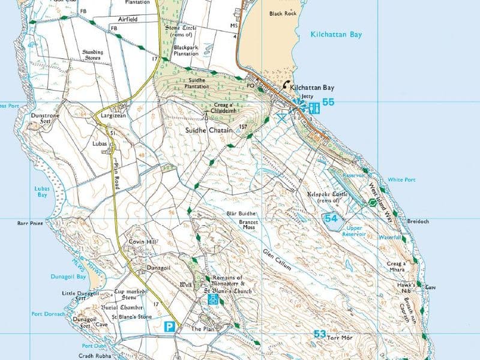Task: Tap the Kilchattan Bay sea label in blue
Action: (x=337, y=35)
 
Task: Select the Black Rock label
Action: (x=283, y=13)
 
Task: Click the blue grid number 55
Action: (x=328, y=103)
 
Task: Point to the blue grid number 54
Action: (x=331, y=219)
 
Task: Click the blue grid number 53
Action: (x=319, y=334)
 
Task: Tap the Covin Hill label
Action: (x=143, y=242)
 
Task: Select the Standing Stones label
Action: (x=89, y=55)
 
